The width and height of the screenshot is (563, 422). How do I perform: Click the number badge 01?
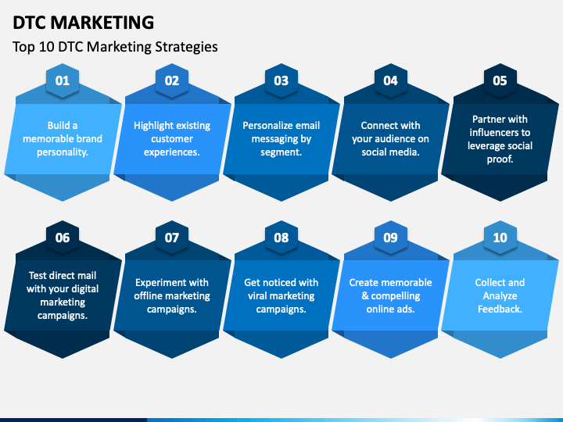click(63, 80)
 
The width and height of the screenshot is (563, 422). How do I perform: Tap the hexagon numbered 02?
click(172, 80)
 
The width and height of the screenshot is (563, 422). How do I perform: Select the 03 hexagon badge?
click(281, 80)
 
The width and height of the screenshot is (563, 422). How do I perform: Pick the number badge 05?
click(500, 80)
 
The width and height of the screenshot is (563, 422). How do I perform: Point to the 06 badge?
click(63, 238)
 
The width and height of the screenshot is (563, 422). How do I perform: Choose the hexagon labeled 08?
click(281, 238)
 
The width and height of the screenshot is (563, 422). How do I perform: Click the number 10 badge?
click(500, 238)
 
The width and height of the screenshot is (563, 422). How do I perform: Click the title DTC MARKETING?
click(84, 22)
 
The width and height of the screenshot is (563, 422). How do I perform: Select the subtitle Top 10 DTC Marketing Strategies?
click(115, 47)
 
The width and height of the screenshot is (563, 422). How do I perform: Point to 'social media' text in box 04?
click(391, 152)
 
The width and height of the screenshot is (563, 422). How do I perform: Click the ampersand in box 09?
click(364, 296)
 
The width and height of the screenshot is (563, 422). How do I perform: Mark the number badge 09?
click(391, 238)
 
